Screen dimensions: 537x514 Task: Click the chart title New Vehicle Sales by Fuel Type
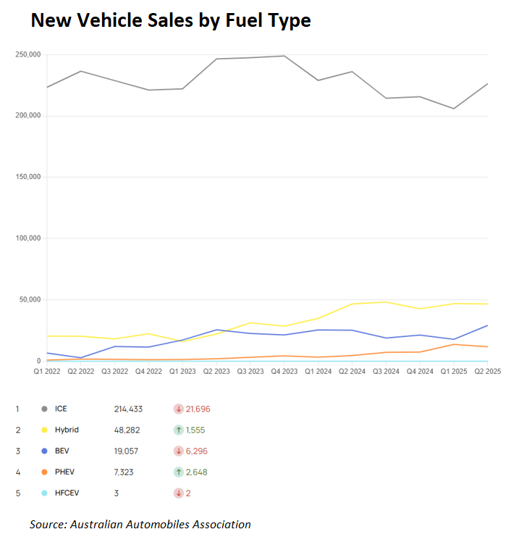(x=170, y=21)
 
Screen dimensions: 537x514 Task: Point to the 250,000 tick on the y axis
(x=27, y=55)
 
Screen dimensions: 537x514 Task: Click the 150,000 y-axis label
(x=27, y=177)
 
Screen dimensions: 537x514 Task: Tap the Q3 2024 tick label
(x=385, y=371)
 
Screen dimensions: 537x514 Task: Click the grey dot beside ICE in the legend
(x=45, y=409)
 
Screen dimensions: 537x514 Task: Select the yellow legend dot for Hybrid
(x=45, y=430)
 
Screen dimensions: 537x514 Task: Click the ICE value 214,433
(x=129, y=409)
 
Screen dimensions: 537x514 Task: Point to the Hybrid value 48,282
(x=127, y=430)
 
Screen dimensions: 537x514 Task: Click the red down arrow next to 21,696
(x=178, y=409)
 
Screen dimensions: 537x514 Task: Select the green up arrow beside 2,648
(x=178, y=472)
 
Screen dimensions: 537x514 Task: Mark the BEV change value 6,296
(x=197, y=451)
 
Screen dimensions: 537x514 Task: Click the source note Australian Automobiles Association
(x=140, y=524)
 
